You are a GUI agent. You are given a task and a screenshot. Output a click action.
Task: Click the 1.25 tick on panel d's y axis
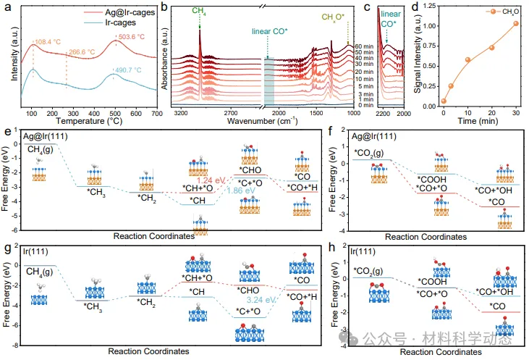tap(424, 7)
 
